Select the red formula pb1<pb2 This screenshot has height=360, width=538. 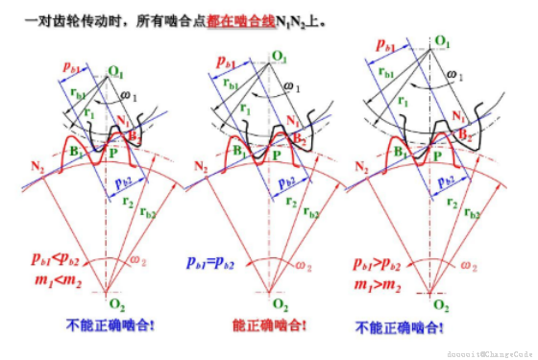pyautogui.click(x=52, y=259)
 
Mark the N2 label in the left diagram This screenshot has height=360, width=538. pyautogui.click(x=37, y=166)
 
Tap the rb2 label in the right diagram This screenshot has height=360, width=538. pyautogui.click(x=471, y=213)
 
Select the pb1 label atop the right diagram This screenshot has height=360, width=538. pyautogui.click(x=382, y=45)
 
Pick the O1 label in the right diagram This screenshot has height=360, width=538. pyautogui.click(x=443, y=40)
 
